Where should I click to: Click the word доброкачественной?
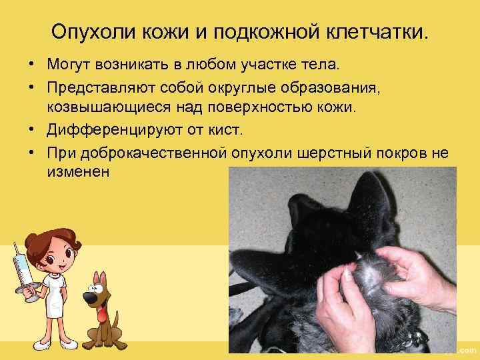coord(155,152)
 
